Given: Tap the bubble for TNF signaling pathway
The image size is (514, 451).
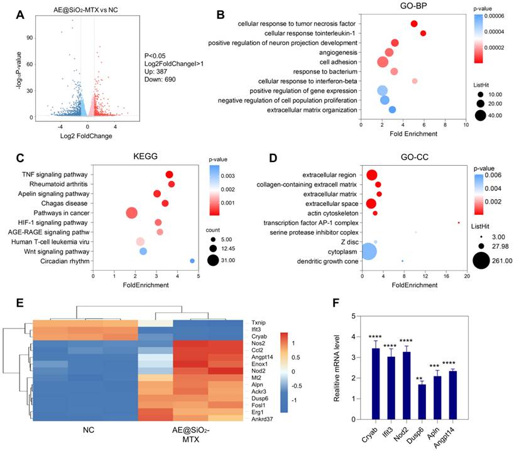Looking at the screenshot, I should (169, 175).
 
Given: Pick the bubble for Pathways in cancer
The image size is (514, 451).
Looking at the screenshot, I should (131, 213).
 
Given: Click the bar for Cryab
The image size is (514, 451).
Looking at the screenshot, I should (376, 383).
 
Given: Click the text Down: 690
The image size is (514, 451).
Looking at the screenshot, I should (161, 80).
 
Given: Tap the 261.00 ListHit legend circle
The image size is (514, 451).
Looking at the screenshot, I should (482, 259).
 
